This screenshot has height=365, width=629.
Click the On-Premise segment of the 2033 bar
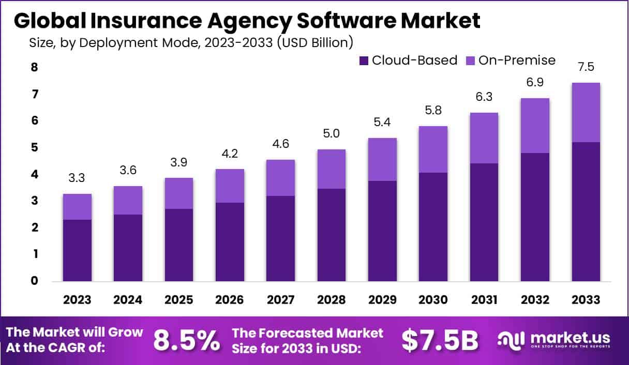point(586,112)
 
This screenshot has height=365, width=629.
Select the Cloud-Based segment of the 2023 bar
point(77,250)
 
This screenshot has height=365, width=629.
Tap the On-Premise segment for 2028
point(331,169)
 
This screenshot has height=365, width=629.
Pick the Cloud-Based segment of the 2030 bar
point(433,227)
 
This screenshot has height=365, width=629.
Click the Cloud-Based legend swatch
point(364,60)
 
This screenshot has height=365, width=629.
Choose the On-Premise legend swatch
point(470,60)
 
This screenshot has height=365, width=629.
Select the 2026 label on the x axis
point(230,300)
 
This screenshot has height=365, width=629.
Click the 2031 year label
point(484,300)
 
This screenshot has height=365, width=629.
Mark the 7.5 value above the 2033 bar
point(586,68)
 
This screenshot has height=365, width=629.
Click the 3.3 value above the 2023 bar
point(77,179)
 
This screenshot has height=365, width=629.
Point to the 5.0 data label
point(331,134)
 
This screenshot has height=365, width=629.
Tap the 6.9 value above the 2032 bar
point(535,83)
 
